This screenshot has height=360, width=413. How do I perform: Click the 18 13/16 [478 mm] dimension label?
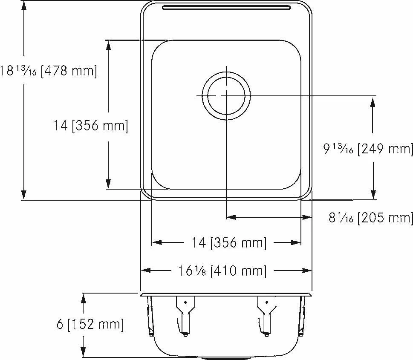49,71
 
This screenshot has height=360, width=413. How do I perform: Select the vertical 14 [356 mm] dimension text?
91,125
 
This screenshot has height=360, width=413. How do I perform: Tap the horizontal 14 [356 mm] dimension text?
229,242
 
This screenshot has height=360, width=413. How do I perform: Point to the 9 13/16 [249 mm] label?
368,149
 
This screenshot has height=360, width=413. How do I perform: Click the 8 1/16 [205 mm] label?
371,218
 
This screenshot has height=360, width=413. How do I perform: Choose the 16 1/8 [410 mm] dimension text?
222,271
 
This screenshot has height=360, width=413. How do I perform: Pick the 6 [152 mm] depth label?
90,324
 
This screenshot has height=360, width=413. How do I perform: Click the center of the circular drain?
226,96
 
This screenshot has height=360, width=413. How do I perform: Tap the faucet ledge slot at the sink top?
226,8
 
